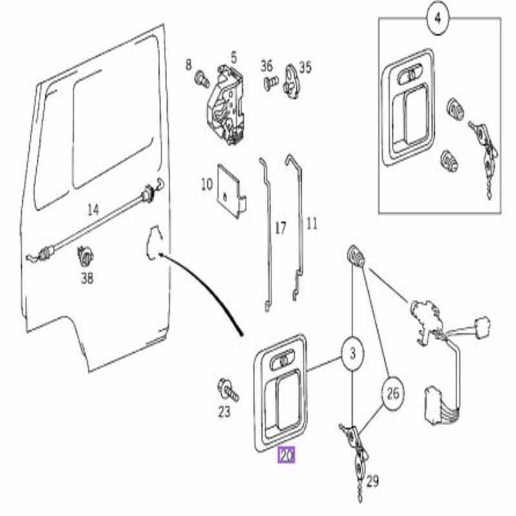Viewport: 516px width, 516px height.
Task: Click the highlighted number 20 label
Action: pos(286,455)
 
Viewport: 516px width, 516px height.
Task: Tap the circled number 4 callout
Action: pos(437,19)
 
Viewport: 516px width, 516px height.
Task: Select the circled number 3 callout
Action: pos(352,353)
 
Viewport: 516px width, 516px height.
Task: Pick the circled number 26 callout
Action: pos(393,393)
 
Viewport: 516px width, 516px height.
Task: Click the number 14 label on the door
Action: pos(93,210)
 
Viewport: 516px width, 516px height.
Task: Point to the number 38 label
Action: pos(87,279)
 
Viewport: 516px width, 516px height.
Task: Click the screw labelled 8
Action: pos(202,79)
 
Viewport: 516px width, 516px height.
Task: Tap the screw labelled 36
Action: pos(271,83)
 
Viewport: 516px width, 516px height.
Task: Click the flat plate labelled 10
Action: pos(232,191)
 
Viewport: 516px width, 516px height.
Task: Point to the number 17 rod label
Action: pos(281,228)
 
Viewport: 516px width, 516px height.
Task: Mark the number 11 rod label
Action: pos(312,224)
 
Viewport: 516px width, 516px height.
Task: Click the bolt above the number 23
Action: pos(228,390)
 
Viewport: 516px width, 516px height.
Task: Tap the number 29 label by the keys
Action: pos(372,481)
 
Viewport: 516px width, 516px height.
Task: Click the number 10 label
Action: pos(206,184)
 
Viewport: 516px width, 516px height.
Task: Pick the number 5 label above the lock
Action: pos(233,58)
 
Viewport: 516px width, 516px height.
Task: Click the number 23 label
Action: pos(224,412)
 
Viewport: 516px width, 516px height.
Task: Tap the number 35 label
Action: pos(305,68)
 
